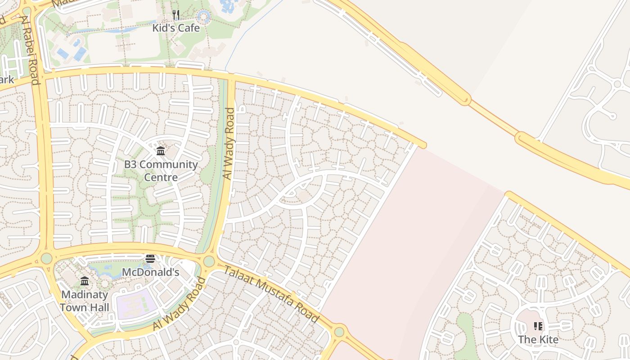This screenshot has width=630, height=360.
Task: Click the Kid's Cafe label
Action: [175, 28]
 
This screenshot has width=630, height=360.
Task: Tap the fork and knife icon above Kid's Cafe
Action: [176, 15]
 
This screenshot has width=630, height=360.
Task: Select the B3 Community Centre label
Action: [161, 171]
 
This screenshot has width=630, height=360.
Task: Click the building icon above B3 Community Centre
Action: [161, 151]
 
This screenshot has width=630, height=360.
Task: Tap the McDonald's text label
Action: [150, 272]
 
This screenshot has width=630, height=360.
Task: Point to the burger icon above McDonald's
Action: [150, 259]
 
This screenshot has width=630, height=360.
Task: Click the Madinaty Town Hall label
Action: [85, 301]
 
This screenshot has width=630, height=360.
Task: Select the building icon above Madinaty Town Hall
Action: [85, 282]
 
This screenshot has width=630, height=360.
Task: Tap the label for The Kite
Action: [538, 339]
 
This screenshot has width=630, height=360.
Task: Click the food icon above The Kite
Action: [538, 326]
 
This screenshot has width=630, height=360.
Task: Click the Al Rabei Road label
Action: [30, 50]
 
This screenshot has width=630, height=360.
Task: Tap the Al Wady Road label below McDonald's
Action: [179, 304]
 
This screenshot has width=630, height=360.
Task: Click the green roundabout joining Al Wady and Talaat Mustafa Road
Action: [209, 261]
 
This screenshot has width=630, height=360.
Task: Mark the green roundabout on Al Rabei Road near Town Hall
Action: [47, 258]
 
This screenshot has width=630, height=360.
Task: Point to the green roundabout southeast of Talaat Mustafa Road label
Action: [339, 332]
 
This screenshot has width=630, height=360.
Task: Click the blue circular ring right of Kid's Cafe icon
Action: [204, 17]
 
